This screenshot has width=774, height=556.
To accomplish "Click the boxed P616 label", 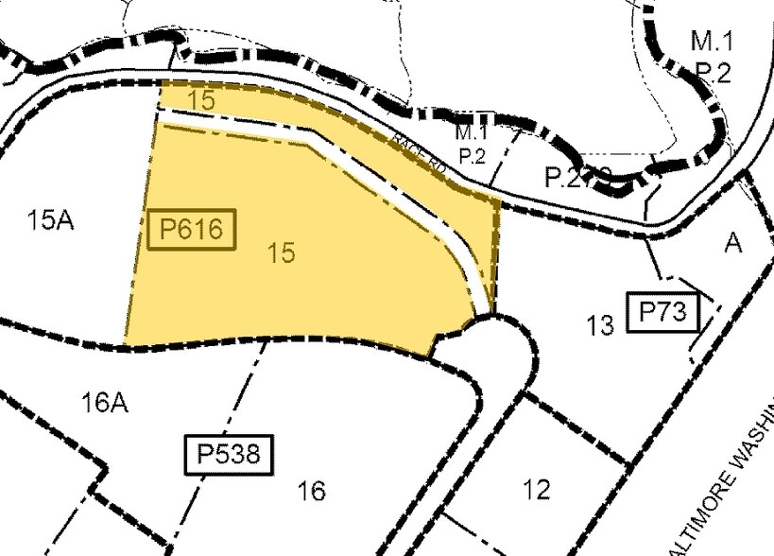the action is coord(191,230).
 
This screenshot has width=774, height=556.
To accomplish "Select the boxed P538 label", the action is coord(228,454).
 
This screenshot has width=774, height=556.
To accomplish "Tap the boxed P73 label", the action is coord(663,312).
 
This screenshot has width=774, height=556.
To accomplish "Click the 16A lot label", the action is coord(104,403).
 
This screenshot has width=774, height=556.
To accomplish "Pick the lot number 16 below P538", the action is coord(311,491).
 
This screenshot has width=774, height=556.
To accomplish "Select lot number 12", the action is coord(536,490).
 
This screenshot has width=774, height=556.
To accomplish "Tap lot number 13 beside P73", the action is coord(600,326).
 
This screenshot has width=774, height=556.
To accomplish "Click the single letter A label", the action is coord(733,243).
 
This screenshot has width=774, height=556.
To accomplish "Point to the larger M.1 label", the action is coord(712,41).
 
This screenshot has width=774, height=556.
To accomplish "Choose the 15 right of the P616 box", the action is coord(281,252).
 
